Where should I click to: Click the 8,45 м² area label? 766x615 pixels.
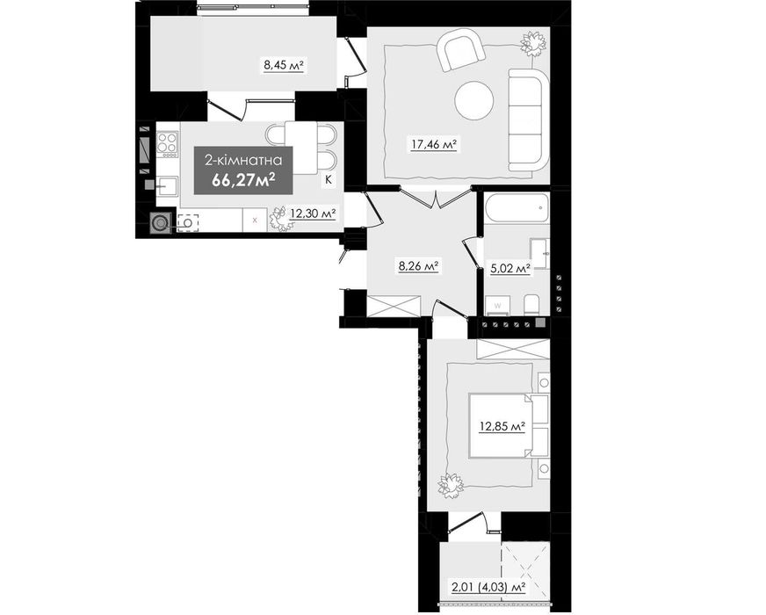point(284,64)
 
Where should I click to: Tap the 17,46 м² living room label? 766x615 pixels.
point(433,144)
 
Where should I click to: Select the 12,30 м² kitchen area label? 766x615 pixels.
point(313,213)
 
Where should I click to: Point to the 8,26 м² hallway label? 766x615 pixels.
point(418,266)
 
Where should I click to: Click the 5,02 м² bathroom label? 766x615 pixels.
point(510,268)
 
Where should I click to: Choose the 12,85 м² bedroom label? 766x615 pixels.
point(502,426)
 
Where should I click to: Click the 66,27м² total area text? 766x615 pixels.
point(242,180)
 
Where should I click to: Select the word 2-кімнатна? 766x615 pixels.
point(243,160)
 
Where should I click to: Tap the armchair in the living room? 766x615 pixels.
point(460,50)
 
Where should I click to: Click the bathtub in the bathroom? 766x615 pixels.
point(517,208)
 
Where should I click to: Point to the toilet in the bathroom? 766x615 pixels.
point(531,305)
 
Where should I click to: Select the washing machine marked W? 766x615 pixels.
point(498,305)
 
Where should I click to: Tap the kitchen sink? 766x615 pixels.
point(167,186)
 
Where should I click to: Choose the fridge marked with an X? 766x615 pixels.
point(255,220)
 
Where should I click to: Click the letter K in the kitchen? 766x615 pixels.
point(329,180)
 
